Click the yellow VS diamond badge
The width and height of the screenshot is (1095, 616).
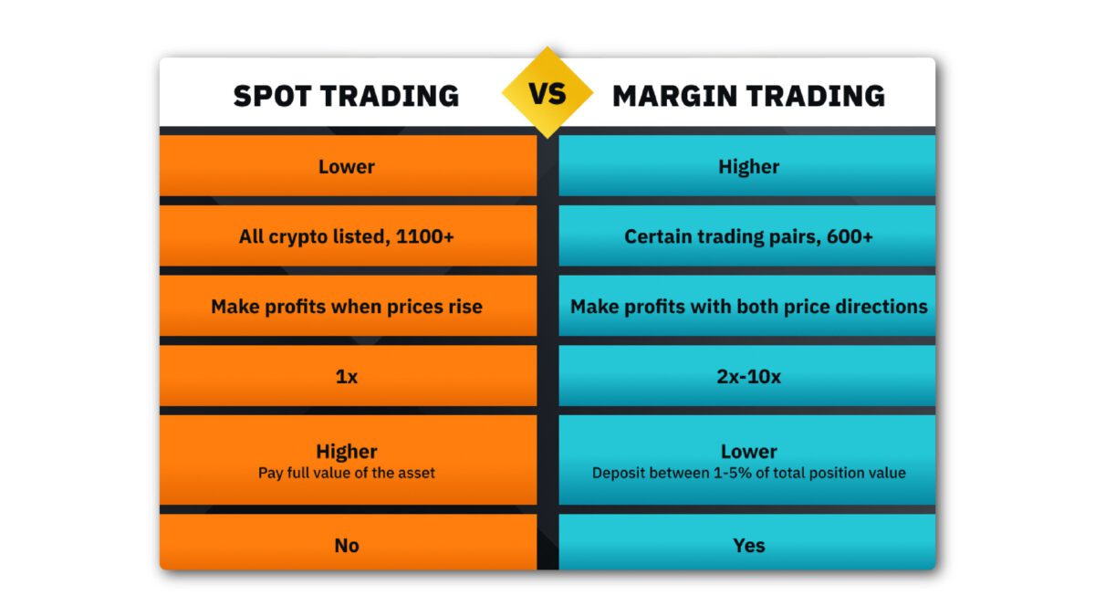(x=547, y=93)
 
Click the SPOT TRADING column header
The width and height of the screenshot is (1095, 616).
(x=346, y=96)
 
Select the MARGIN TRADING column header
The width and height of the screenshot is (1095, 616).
(x=748, y=96)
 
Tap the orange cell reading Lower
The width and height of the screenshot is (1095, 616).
(x=347, y=167)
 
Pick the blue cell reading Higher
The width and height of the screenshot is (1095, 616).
(x=748, y=167)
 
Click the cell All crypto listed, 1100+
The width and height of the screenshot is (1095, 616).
(x=347, y=236)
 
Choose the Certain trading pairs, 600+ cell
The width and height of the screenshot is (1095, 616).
(x=748, y=236)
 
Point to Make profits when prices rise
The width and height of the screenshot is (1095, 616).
(x=347, y=307)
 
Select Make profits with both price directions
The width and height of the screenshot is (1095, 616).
(x=748, y=307)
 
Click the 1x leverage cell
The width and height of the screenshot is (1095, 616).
(x=347, y=376)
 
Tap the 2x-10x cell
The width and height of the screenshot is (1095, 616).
(x=748, y=376)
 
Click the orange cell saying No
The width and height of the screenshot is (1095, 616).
(x=347, y=546)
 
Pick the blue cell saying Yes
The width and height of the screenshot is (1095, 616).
(x=748, y=546)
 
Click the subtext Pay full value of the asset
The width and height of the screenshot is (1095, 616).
(x=347, y=473)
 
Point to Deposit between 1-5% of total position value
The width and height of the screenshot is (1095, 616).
(x=748, y=473)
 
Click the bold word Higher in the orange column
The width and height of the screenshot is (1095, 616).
(x=347, y=451)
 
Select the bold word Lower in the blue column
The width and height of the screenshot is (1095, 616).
(x=748, y=451)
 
